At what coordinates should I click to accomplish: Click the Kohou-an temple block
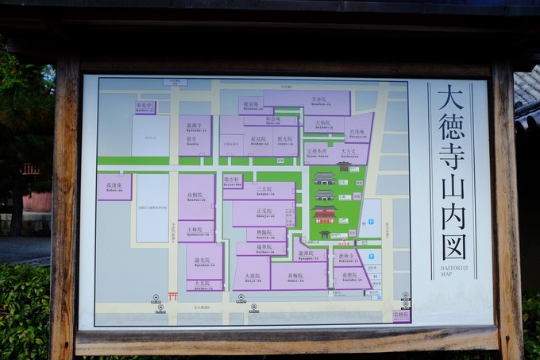click(x=114, y=187)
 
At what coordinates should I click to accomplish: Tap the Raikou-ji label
click(x=145, y=106)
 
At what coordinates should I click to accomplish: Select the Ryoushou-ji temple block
click(x=195, y=135)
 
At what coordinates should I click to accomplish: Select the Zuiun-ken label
click(x=233, y=180)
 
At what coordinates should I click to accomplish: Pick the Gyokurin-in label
click(x=195, y=231)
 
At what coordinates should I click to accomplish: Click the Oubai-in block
click(x=299, y=275)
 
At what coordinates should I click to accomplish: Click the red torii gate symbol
click(x=172, y=296)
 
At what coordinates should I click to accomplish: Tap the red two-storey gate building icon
click(x=324, y=215)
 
